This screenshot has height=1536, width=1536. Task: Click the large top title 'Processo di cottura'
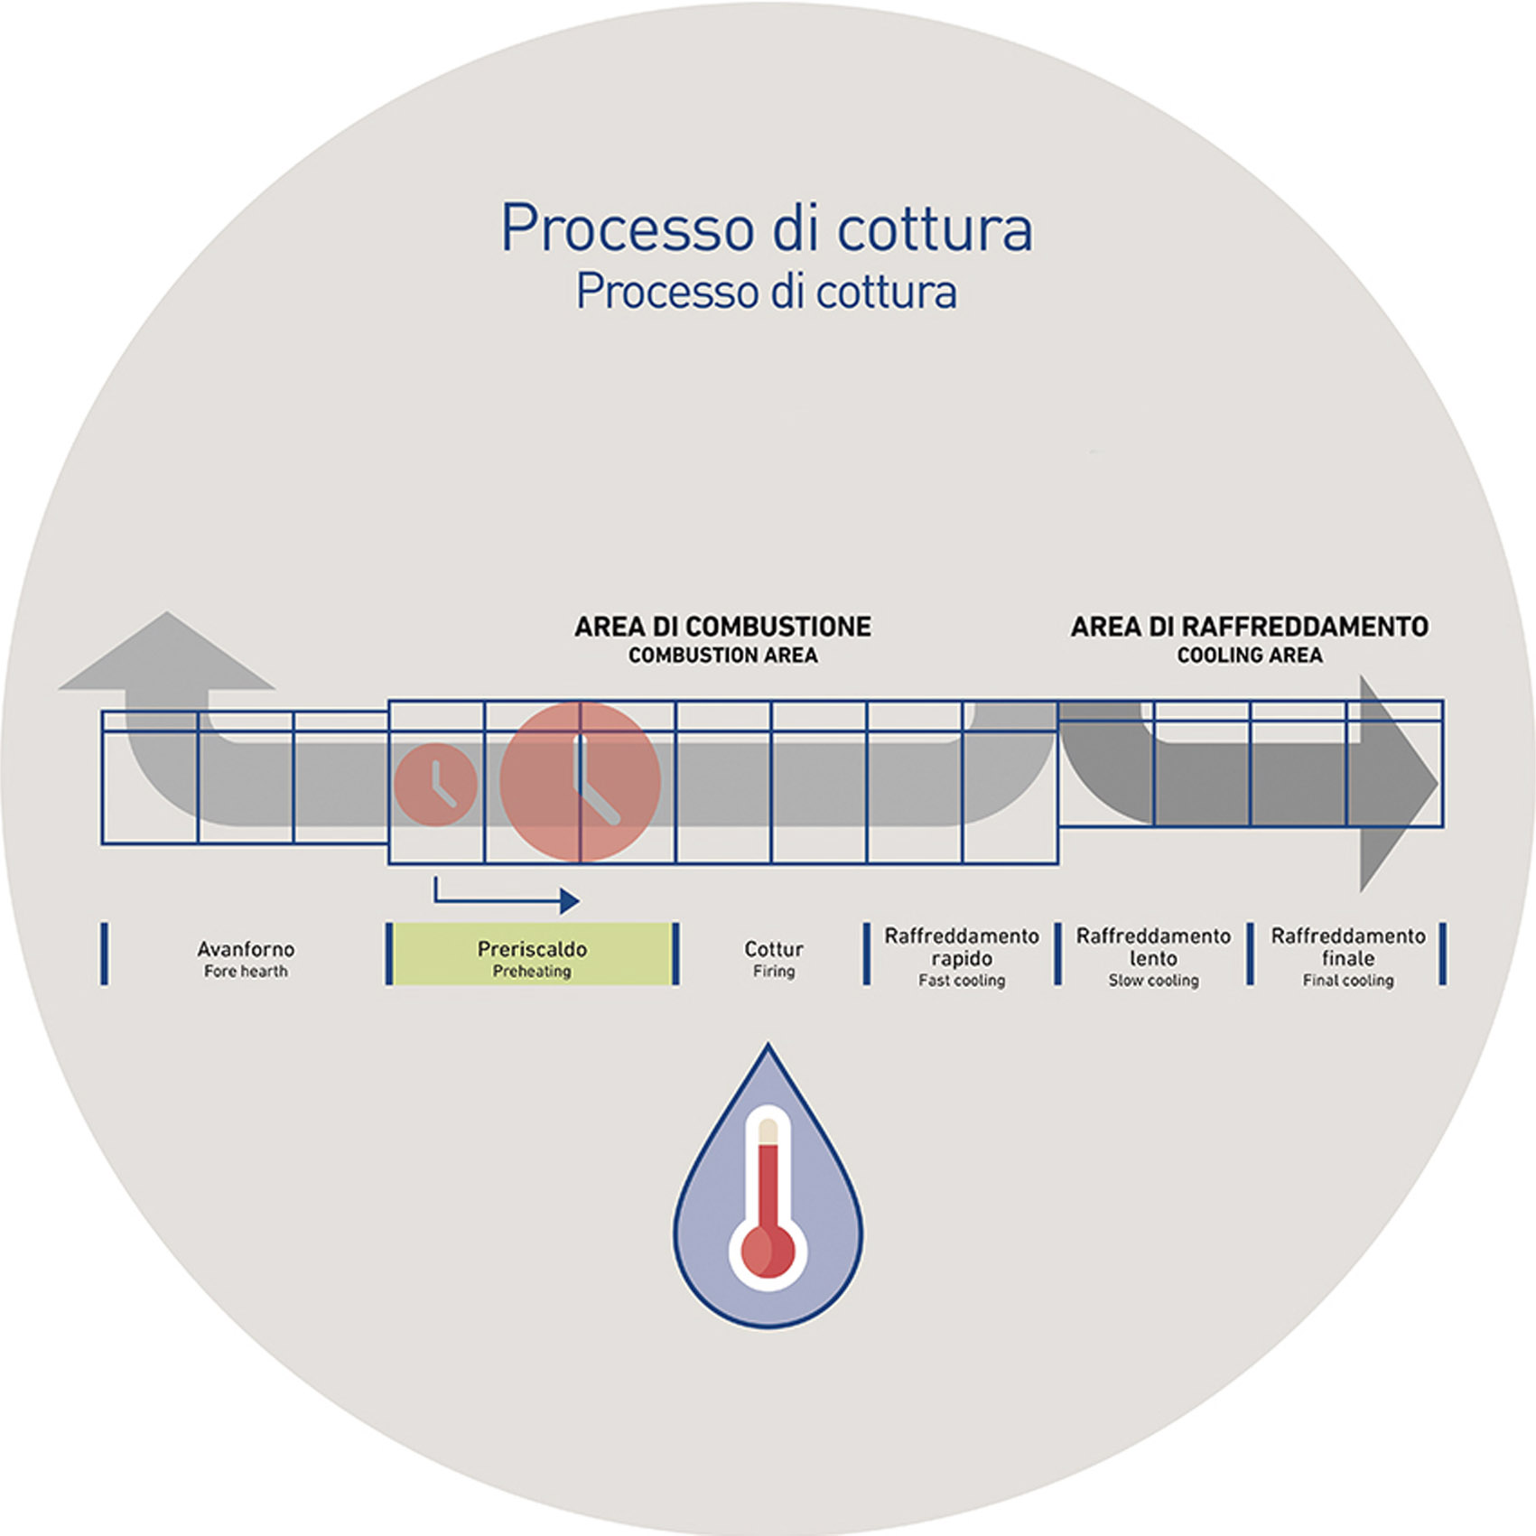click(x=767, y=228)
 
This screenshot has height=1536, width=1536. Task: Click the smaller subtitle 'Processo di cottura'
click(x=767, y=293)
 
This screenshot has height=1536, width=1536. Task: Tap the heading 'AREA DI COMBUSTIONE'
click(x=723, y=627)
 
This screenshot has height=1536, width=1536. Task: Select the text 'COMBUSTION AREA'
click(x=723, y=656)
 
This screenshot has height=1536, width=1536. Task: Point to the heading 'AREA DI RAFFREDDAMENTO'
click(x=1250, y=627)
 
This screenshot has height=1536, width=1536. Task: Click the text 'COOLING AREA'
click(x=1250, y=656)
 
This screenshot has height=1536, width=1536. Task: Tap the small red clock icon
click(x=435, y=784)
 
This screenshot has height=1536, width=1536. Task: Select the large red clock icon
click(x=581, y=782)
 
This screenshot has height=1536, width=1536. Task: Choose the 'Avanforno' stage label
click(x=246, y=949)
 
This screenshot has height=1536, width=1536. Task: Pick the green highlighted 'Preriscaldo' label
click(x=532, y=949)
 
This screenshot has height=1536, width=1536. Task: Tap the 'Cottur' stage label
click(x=774, y=949)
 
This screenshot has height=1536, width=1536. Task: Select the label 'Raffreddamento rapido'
click(x=962, y=946)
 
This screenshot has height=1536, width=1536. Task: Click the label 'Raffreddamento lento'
click(x=1153, y=946)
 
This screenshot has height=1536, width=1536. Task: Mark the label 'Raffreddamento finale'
click(x=1348, y=946)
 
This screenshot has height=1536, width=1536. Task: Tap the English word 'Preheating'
click(x=532, y=972)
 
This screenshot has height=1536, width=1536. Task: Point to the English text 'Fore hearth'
click(x=246, y=972)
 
